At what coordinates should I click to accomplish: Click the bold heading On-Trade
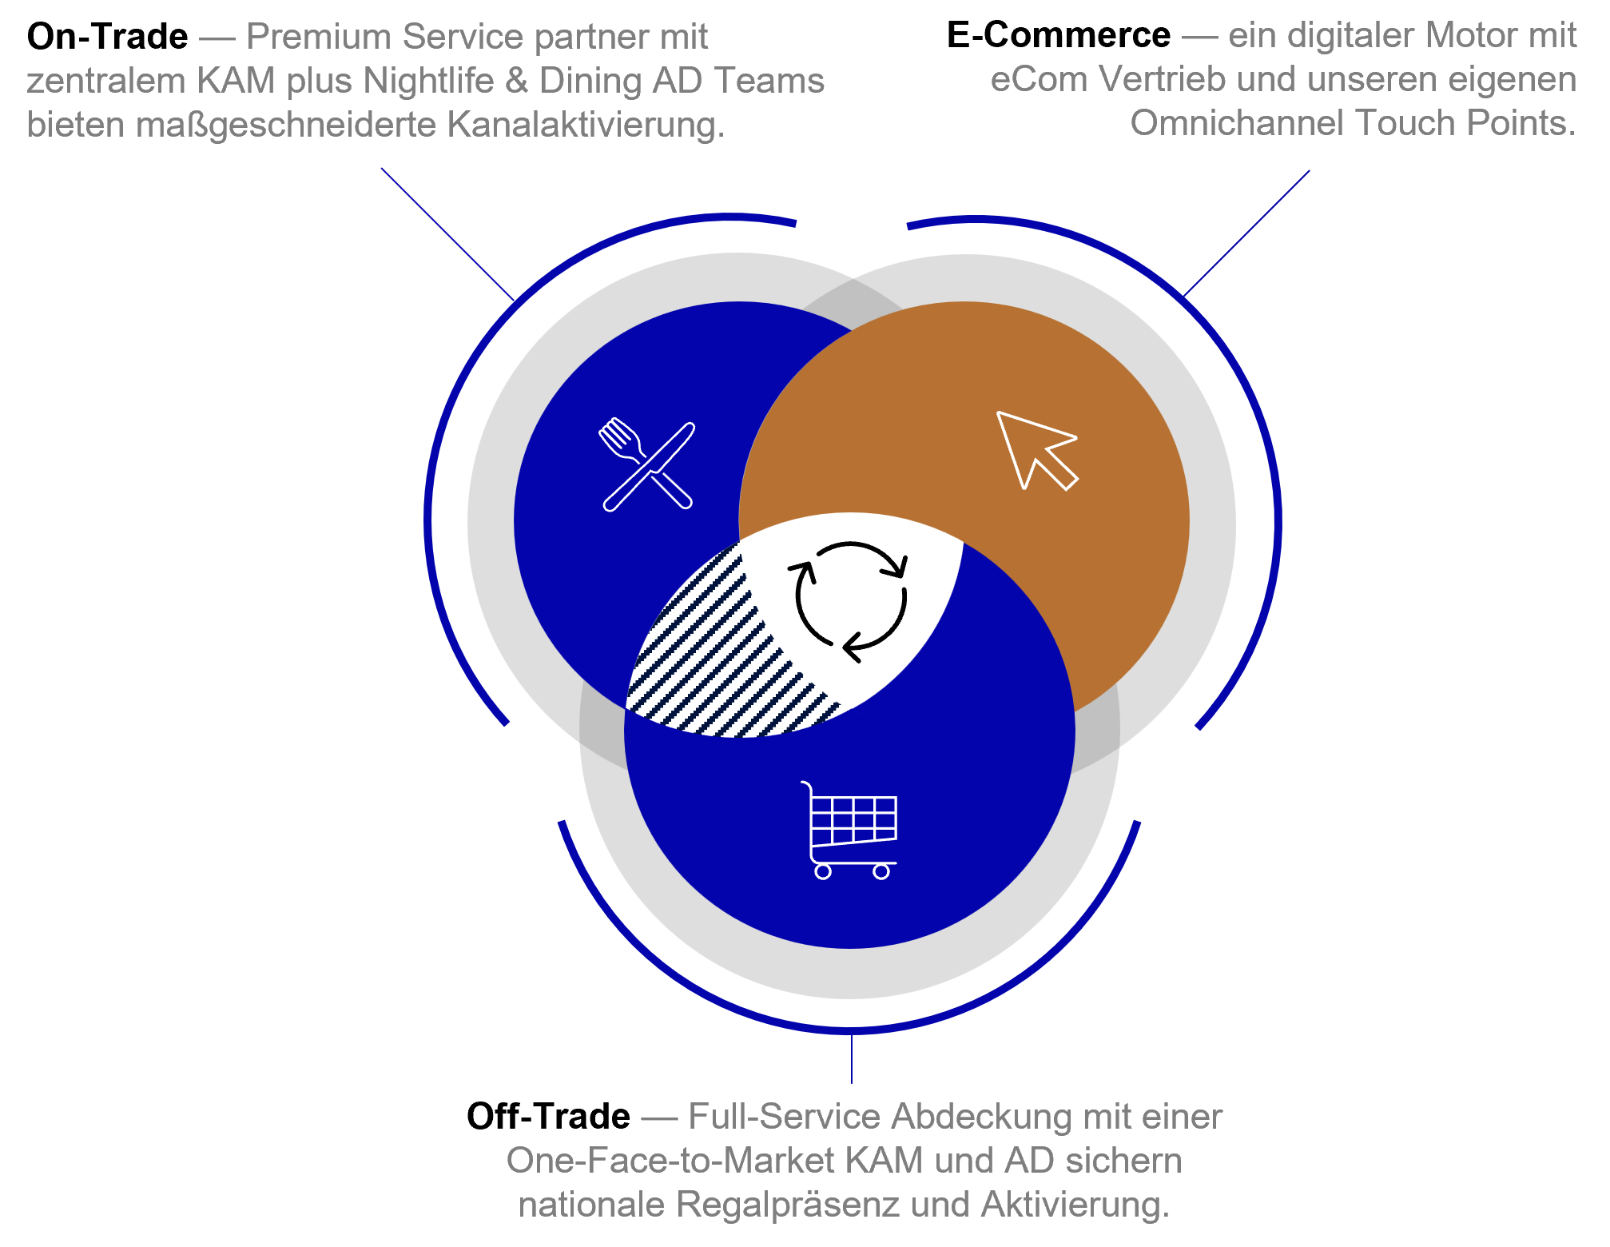click(x=108, y=37)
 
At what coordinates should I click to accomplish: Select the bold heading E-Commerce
click(x=1059, y=35)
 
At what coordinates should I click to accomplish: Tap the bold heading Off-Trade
click(x=548, y=1117)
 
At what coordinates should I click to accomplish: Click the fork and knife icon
click(x=647, y=465)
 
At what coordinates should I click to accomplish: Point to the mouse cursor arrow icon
click(x=1037, y=450)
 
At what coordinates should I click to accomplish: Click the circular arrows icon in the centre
click(x=850, y=601)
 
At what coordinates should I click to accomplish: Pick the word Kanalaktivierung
click(x=586, y=125)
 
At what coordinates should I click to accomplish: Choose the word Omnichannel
click(x=1238, y=123)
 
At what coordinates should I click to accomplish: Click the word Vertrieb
click(x=1159, y=79)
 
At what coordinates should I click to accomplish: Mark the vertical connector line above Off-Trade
click(x=852, y=1058)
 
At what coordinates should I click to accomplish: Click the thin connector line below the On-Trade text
click(x=447, y=234)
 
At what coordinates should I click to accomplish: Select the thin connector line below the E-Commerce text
click(x=1246, y=233)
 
